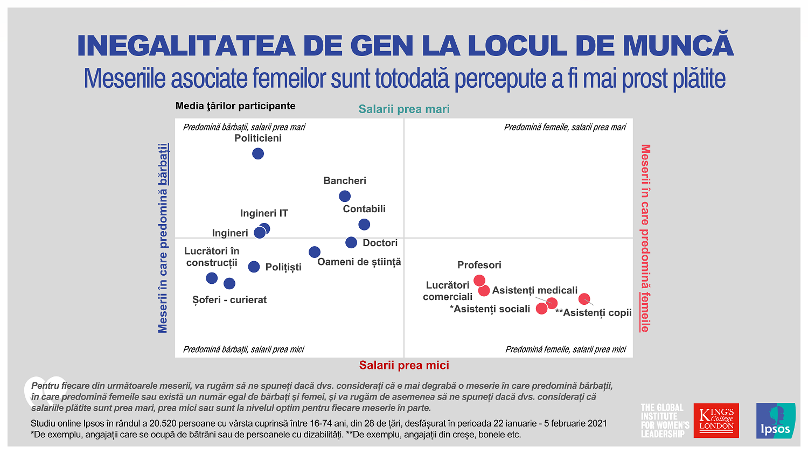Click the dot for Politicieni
(x=258, y=153)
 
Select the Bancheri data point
(x=345, y=196)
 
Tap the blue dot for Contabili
(x=364, y=224)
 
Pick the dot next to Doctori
(x=351, y=243)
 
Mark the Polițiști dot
(x=254, y=267)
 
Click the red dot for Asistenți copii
(x=584, y=298)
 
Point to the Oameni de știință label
(x=359, y=262)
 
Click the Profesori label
(x=479, y=265)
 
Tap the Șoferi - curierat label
(x=229, y=300)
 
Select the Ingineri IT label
(x=264, y=213)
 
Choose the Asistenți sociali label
(x=490, y=309)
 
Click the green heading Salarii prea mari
(x=404, y=109)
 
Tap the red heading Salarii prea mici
(x=404, y=365)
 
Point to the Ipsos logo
(x=776, y=421)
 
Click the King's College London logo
(x=716, y=421)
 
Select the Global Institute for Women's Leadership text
(x=665, y=421)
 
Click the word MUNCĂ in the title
(x=678, y=45)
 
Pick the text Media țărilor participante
(x=235, y=106)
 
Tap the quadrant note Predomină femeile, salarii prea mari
(x=565, y=128)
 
